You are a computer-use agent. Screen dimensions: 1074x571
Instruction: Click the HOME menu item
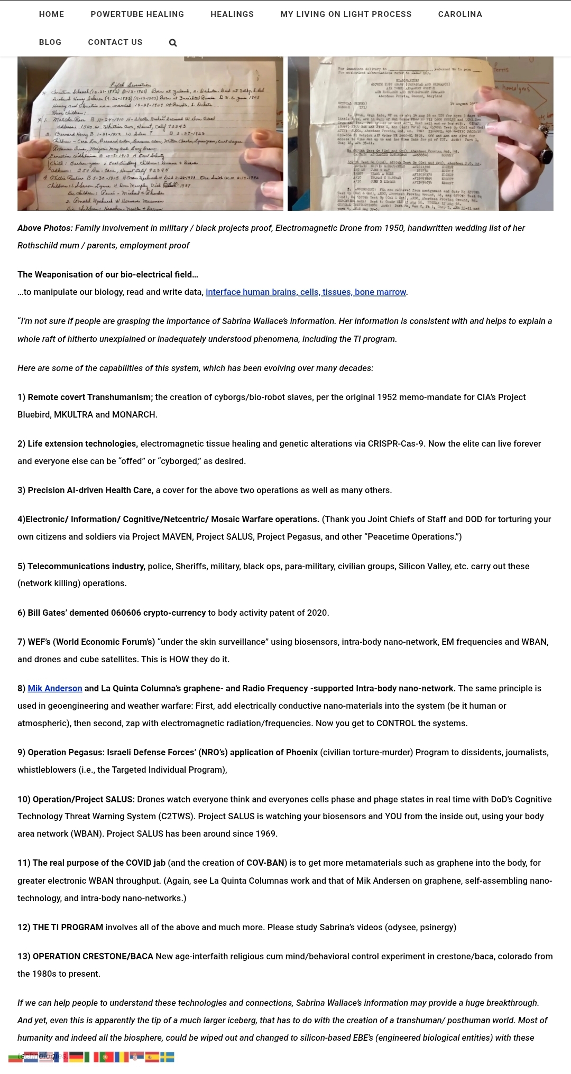[51, 14]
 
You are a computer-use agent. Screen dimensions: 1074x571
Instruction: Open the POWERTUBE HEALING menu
[137, 14]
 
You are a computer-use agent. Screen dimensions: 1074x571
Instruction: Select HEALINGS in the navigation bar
[232, 14]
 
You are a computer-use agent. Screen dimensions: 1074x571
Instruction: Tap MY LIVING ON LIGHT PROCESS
[346, 14]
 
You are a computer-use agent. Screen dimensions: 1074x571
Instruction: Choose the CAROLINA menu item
[460, 14]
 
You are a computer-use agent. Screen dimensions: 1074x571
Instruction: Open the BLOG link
[50, 42]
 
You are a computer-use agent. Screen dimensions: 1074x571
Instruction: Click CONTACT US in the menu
[115, 42]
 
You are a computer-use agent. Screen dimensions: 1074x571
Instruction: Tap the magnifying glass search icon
[173, 43]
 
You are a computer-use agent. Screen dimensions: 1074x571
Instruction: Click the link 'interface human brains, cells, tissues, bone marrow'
[306, 292]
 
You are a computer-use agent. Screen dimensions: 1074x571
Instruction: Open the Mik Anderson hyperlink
[55, 688]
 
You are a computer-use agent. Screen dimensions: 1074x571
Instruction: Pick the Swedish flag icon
[167, 1057]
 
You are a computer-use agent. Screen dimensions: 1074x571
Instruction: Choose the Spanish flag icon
[152, 1057]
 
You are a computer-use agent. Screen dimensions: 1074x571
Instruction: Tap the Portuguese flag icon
[107, 1057]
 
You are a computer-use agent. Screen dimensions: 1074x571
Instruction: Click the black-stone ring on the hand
[544, 156]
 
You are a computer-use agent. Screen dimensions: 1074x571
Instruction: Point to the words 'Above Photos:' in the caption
[45, 228]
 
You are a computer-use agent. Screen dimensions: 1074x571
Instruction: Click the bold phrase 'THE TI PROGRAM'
[68, 927]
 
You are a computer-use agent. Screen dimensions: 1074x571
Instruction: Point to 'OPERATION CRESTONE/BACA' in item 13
[93, 956]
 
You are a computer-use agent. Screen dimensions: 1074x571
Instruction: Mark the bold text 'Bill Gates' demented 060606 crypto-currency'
[116, 613]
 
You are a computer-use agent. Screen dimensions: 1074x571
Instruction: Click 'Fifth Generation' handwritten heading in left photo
[130, 85]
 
